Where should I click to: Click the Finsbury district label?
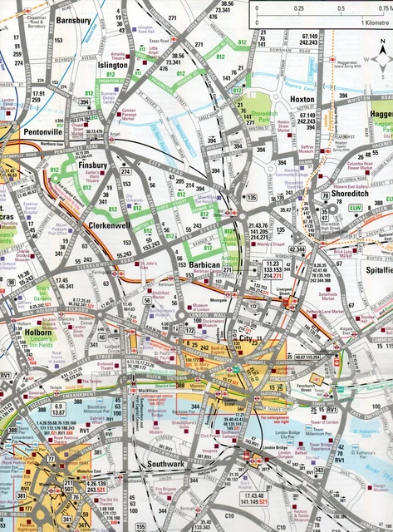click(93, 165)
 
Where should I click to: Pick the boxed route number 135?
click(250, 197)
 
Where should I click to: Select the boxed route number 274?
click(126, 172)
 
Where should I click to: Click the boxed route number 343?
click(318, 471)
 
